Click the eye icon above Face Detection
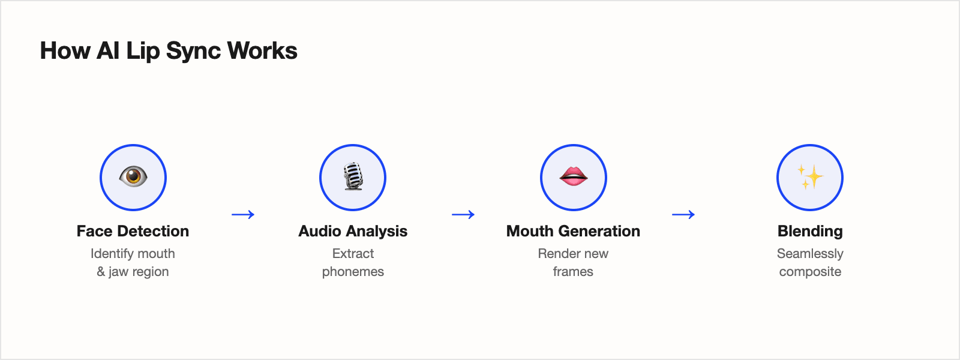[133, 177]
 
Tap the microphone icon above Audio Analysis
[353, 177]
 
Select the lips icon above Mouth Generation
[574, 176]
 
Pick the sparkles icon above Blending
[810, 177]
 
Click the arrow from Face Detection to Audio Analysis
[243, 214]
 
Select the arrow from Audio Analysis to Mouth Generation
[463, 214]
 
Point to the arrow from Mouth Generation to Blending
[683, 214]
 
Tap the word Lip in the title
[143, 51]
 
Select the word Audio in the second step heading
[320, 231]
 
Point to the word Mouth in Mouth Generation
[530, 231]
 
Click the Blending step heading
[810, 231]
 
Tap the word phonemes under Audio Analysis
[353, 272]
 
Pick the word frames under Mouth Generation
[573, 272]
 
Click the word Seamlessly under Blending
[810, 254]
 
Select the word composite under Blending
[810, 272]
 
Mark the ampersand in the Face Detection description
[101, 272]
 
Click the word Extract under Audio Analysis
[353, 254]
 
